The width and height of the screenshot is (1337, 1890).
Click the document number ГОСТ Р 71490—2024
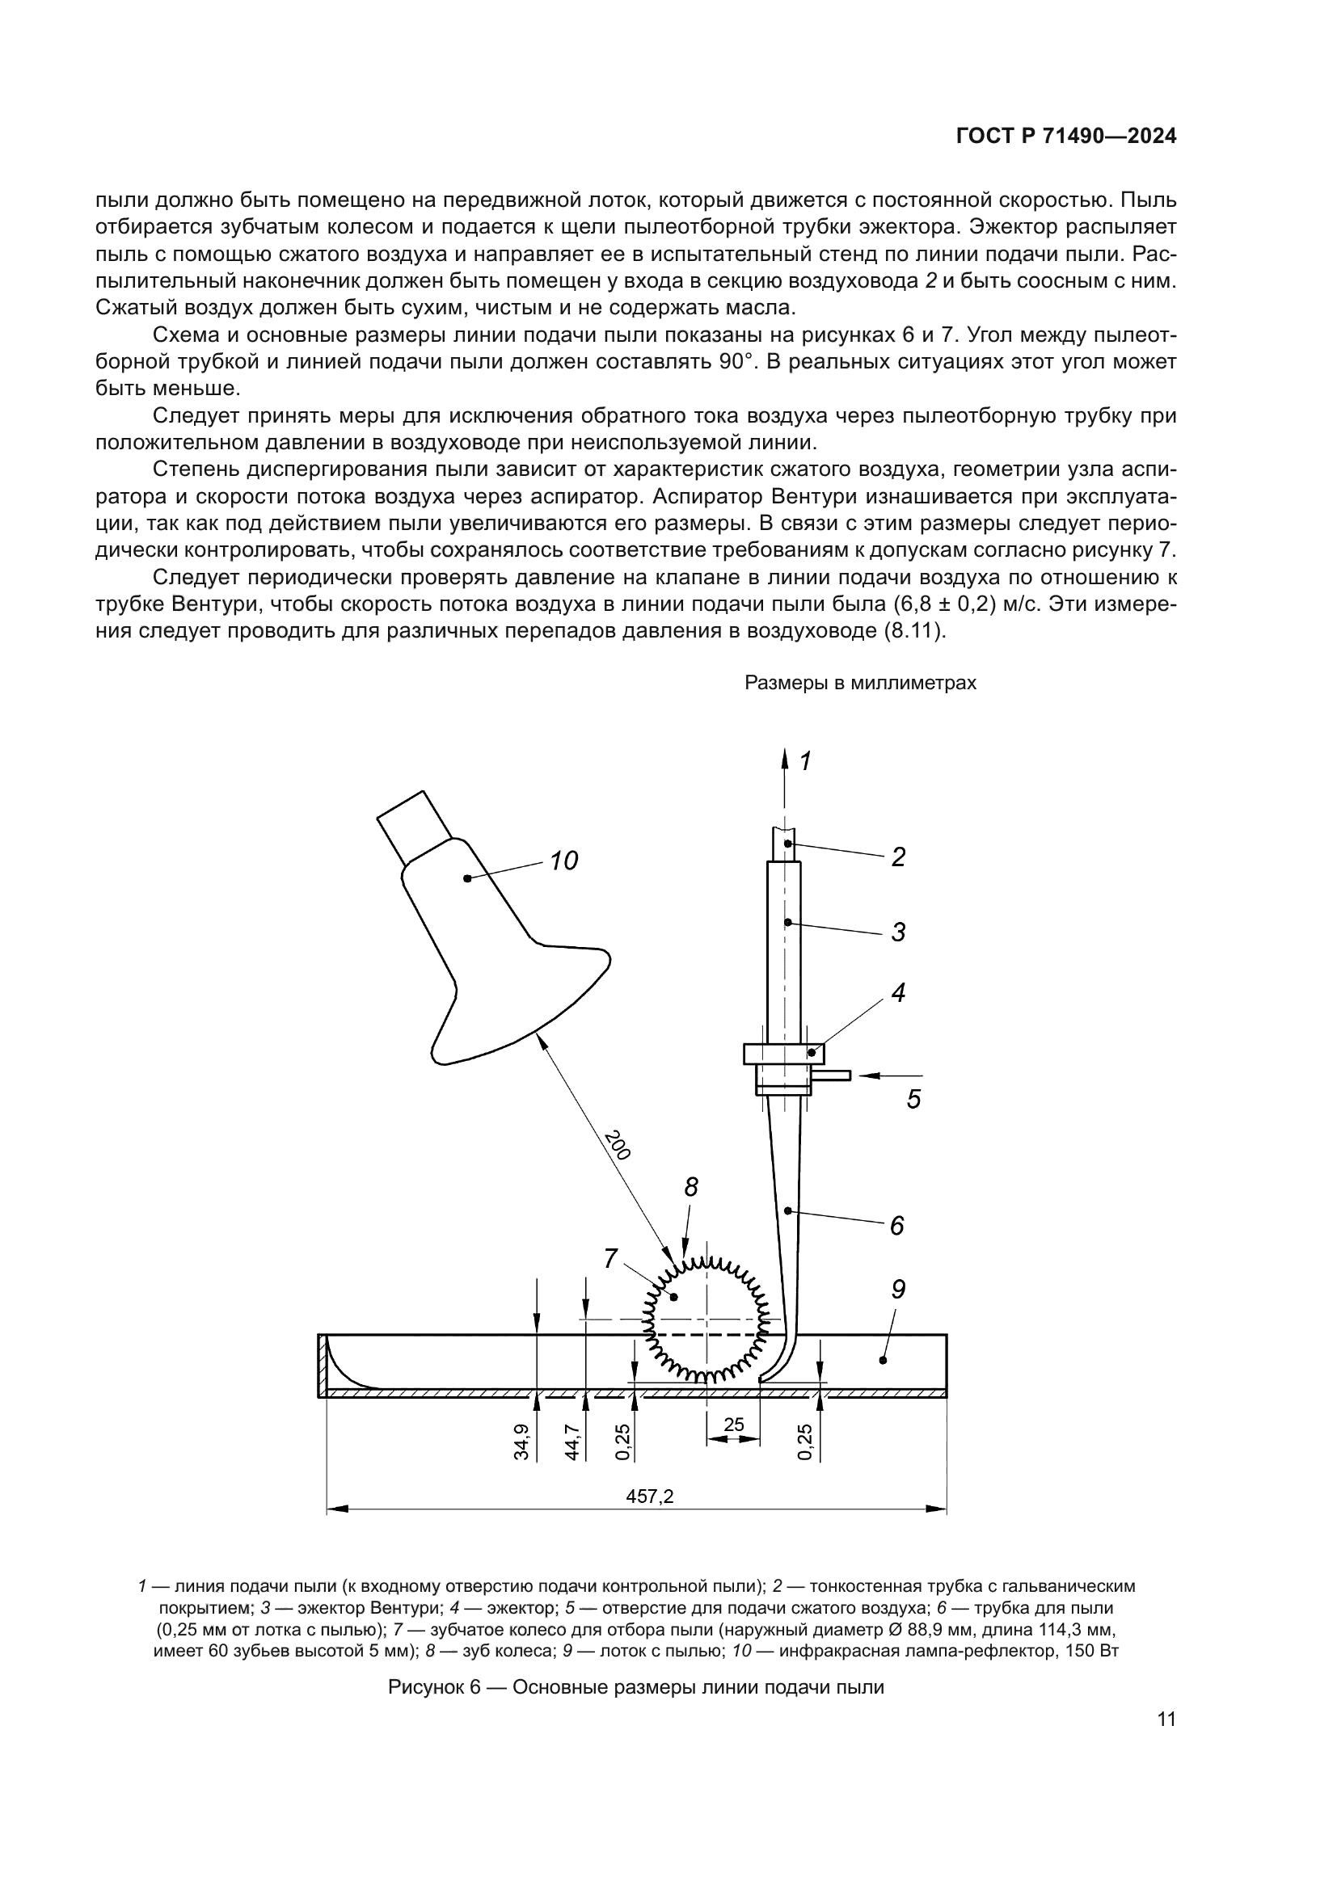point(1065,137)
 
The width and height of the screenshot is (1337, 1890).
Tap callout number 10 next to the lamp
point(564,861)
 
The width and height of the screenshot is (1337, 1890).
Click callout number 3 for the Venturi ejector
point(898,932)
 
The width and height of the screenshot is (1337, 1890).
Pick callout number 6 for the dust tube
point(897,1226)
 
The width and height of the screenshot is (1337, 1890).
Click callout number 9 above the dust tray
point(898,1289)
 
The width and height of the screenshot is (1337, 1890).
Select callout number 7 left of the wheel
point(610,1258)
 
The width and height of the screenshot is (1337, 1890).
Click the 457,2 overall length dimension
point(650,1496)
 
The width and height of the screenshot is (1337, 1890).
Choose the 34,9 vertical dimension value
point(521,1442)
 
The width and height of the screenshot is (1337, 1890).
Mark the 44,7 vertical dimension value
point(572,1442)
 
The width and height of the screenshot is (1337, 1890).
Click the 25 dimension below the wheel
point(733,1424)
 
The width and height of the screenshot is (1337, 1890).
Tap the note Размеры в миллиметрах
point(860,684)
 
